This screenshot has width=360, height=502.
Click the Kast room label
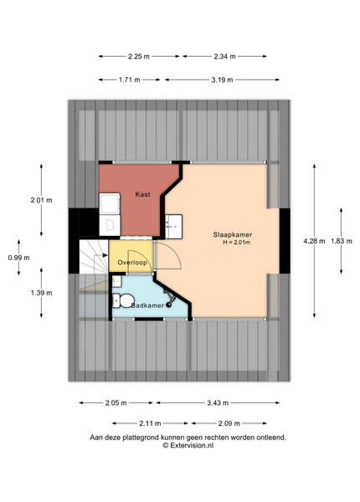(x=142, y=194)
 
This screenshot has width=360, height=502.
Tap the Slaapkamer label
(x=233, y=234)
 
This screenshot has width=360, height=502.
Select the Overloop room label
(x=132, y=263)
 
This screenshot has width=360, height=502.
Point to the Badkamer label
(x=147, y=305)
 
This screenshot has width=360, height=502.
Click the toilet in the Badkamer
(x=123, y=300)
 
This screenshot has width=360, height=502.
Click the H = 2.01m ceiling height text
(x=237, y=243)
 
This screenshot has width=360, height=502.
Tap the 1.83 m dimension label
(x=342, y=241)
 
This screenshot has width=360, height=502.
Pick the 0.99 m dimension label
(x=19, y=258)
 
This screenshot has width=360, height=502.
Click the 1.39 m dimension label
(x=41, y=293)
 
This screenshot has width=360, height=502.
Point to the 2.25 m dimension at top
(x=139, y=57)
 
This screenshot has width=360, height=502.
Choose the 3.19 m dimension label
(x=222, y=80)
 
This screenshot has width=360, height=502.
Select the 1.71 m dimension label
(x=130, y=80)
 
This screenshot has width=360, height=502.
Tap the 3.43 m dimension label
(x=218, y=403)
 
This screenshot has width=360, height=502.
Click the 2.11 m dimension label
(x=150, y=423)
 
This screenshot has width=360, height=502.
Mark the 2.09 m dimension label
(x=229, y=423)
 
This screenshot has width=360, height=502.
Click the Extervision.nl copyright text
(x=188, y=445)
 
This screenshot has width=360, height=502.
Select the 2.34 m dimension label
(x=224, y=57)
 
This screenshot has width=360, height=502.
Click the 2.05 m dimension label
(x=116, y=403)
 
